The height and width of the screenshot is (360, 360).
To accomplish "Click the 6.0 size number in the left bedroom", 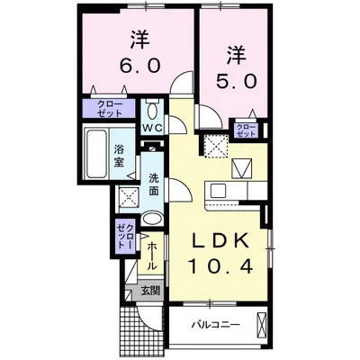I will pyautogui.click(x=139, y=65).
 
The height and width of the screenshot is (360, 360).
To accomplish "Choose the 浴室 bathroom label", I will pyautogui.click(x=120, y=155).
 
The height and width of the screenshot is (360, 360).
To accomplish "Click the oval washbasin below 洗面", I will pyautogui.click(x=152, y=218).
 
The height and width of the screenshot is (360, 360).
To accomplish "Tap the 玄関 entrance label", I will pyautogui.click(x=150, y=290).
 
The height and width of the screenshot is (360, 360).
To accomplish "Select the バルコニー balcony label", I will pyautogui.click(x=214, y=324).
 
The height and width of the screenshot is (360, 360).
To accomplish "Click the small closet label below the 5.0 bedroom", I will pyautogui.click(x=245, y=130).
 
